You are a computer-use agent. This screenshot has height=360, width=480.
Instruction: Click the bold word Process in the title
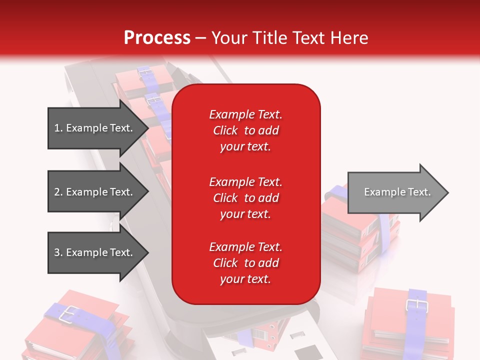[x=157, y=38]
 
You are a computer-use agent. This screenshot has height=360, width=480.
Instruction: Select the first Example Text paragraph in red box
[x=246, y=130]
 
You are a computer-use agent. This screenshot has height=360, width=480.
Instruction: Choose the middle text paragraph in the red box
[x=246, y=198]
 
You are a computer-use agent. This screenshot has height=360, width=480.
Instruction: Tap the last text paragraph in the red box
[x=246, y=263]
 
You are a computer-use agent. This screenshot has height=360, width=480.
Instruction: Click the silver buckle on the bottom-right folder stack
[x=414, y=304]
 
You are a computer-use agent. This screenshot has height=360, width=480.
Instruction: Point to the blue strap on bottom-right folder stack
[x=416, y=330]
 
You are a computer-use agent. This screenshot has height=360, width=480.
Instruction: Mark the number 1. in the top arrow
[x=58, y=128]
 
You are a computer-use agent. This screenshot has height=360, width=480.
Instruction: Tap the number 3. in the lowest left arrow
[x=58, y=252]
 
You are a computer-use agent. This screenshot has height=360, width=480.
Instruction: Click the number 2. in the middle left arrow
[x=58, y=192]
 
